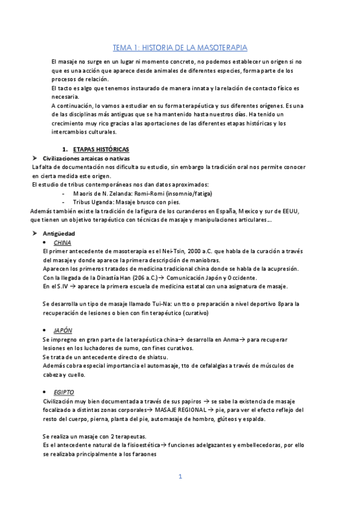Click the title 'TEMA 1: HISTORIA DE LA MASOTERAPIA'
click(180, 47)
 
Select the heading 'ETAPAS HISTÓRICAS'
click(100, 149)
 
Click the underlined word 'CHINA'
click(62, 242)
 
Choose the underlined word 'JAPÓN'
click(63, 330)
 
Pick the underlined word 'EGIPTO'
click(64, 392)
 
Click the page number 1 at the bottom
click(180, 477)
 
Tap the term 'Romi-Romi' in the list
click(153, 193)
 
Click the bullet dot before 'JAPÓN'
click(46, 331)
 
